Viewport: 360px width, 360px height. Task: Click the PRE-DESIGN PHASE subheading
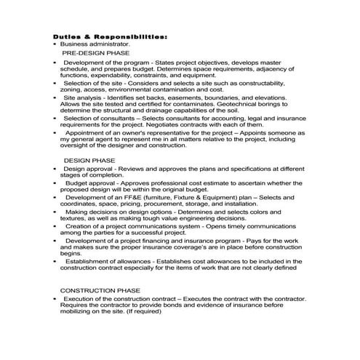point(96,53)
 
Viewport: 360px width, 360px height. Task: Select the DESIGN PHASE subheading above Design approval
point(89,159)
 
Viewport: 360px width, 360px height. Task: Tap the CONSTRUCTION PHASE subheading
point(100,289)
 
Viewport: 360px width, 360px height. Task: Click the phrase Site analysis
point(83,97)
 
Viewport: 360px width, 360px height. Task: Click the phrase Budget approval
point(89,183)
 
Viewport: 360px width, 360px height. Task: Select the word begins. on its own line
point(70,253)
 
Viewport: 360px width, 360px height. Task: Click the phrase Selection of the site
point(93,83)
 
